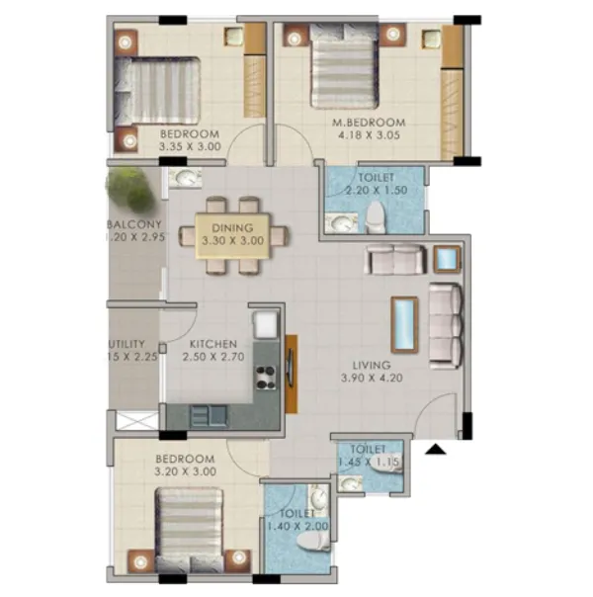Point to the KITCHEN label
tap(212, 345)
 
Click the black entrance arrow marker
tap(436, 451)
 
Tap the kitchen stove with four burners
tap(266, 376)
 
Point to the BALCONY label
tap(134, 224)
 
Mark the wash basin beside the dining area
tap(186, 178)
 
